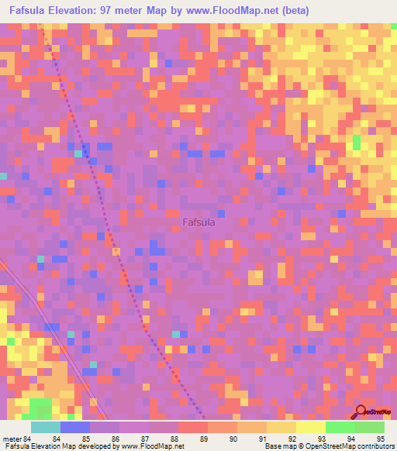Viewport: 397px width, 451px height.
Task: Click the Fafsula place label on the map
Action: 198,222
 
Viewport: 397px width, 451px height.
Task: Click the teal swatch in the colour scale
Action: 46,427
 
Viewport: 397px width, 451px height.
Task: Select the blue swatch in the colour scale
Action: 75,427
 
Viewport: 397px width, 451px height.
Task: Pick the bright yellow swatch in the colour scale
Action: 310,427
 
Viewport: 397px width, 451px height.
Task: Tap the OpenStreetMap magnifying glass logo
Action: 361,412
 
